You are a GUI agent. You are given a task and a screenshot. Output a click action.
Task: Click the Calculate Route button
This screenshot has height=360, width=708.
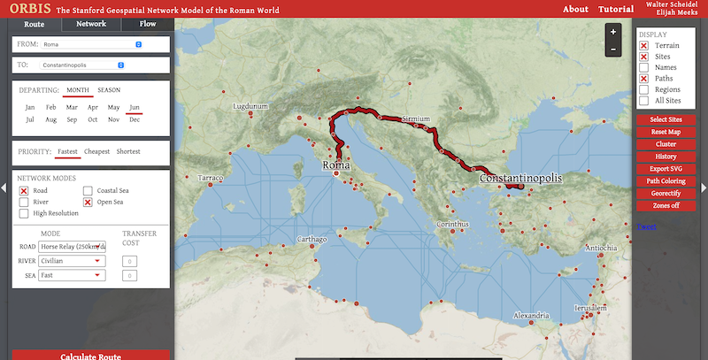coord(90,356)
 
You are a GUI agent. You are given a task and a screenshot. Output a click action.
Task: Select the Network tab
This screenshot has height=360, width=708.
coord(91,24)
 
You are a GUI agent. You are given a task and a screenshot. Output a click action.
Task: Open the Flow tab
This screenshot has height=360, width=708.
coord(147,24)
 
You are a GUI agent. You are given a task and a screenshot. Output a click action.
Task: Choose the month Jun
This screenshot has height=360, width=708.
coord(135,107)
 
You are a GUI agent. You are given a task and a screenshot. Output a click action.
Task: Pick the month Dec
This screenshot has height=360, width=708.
coord(135,119)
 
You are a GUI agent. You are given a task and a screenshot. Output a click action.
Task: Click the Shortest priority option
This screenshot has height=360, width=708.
coord(128,151)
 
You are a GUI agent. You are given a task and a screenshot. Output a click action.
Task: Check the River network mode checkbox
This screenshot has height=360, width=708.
coord(25,202)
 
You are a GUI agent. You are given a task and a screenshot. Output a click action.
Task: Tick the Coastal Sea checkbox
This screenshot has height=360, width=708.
coord(88,190)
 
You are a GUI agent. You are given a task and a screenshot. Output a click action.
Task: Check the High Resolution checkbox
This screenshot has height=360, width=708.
coord(25,213)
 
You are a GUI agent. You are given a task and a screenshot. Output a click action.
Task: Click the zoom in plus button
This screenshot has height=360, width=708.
coord(612,31)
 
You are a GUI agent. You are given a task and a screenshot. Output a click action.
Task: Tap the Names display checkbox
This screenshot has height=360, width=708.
coord(644,67)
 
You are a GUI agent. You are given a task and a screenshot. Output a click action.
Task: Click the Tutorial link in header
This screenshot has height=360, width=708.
coord(616,9)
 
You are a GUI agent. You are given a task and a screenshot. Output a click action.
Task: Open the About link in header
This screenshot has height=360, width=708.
coord(575,9)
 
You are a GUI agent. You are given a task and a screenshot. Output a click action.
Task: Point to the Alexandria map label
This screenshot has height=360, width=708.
coord(532,315)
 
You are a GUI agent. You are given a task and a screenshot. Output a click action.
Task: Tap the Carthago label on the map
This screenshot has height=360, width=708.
coord(312,240)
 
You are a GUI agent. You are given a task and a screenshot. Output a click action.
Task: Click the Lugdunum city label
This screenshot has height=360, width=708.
coord(250,106)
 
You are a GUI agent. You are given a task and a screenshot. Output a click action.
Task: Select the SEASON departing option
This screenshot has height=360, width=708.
coord(109,89)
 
